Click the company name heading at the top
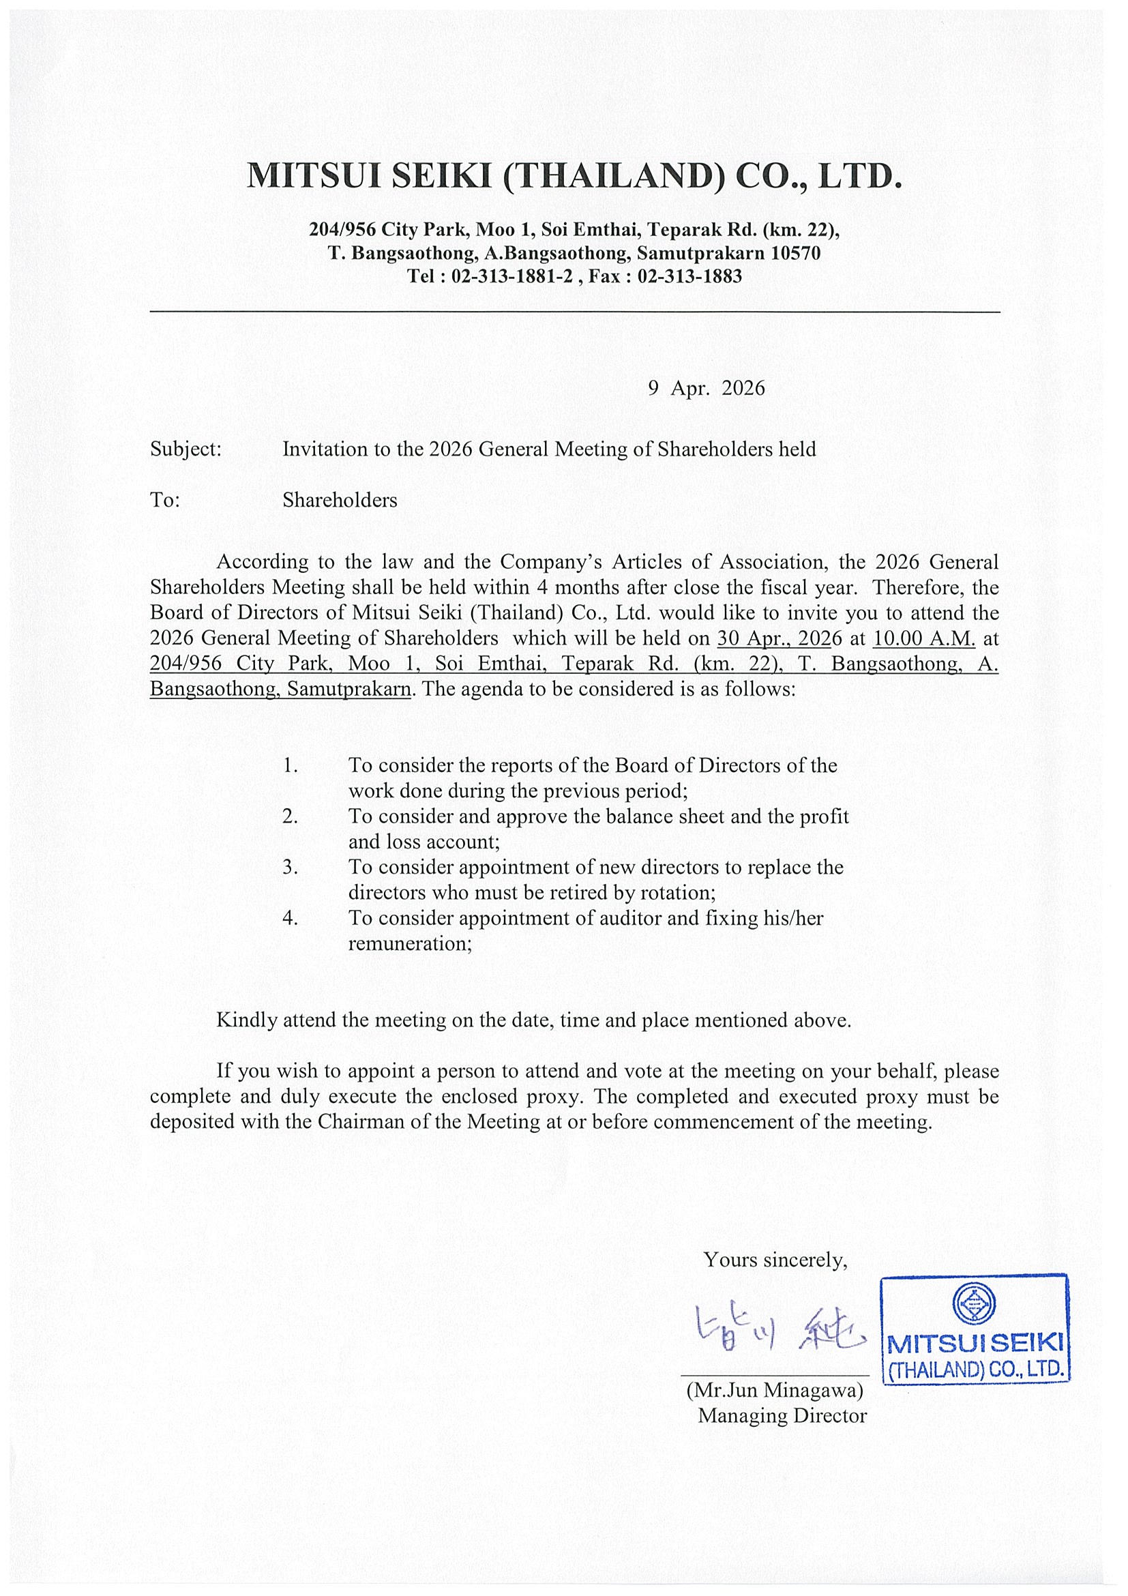point(575,176)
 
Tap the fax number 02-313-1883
point(689,277)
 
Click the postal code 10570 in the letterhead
point(796,253)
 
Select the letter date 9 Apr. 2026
point(706,388)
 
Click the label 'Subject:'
point(185,449)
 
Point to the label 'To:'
point(166,501)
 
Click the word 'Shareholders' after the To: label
point(339,501)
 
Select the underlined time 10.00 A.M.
point(924,638)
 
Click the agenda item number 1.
point(290,766)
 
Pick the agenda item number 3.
point(290,868)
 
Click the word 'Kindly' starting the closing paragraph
point(247,1020)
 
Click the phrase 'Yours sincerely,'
point(775,1260)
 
